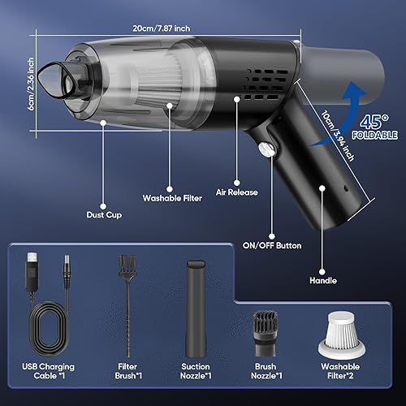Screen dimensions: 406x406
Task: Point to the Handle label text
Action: pos(323,281)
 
